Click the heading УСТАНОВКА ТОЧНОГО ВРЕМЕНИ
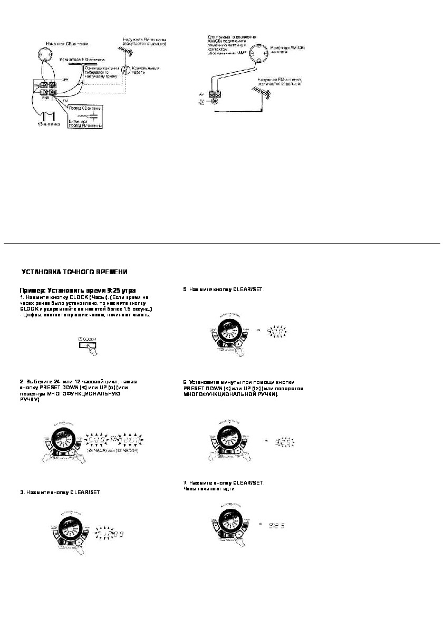74,272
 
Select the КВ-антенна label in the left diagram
46,124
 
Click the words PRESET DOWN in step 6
201,388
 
